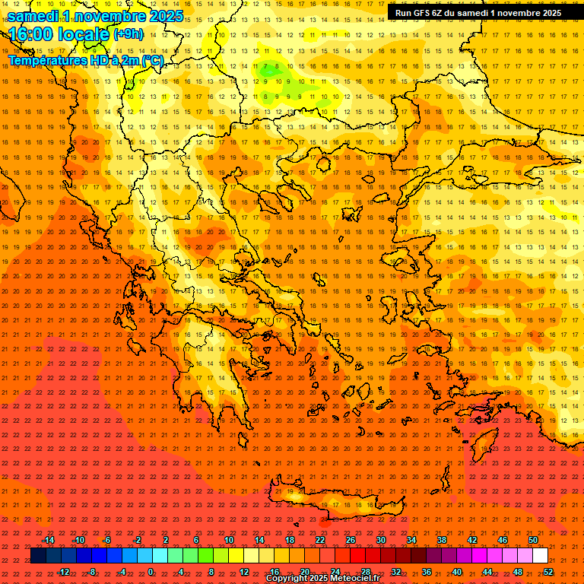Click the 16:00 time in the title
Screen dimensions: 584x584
coord(30,33)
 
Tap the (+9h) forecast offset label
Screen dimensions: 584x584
coord(127,33)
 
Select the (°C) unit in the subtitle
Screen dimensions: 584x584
coord(152,60)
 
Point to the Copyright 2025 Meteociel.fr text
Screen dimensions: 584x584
coord(322,579)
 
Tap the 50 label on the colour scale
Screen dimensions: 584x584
coord(532,540)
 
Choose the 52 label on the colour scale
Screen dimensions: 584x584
coord(547,572)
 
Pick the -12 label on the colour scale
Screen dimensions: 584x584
coord(63,572)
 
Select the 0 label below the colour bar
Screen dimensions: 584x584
coord(151,572)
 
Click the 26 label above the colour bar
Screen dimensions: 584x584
coord(351,540)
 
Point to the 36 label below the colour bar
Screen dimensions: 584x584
coord(427,572)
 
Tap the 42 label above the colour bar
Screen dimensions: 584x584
coord(472,540)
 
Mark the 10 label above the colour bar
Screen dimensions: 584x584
coord(228,540)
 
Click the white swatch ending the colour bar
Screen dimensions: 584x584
coord(540,556)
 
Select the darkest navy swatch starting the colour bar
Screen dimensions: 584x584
coord(38,556)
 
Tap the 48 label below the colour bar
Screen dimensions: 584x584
coord(518,572)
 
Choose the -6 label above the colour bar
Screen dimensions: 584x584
coord(106,540)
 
